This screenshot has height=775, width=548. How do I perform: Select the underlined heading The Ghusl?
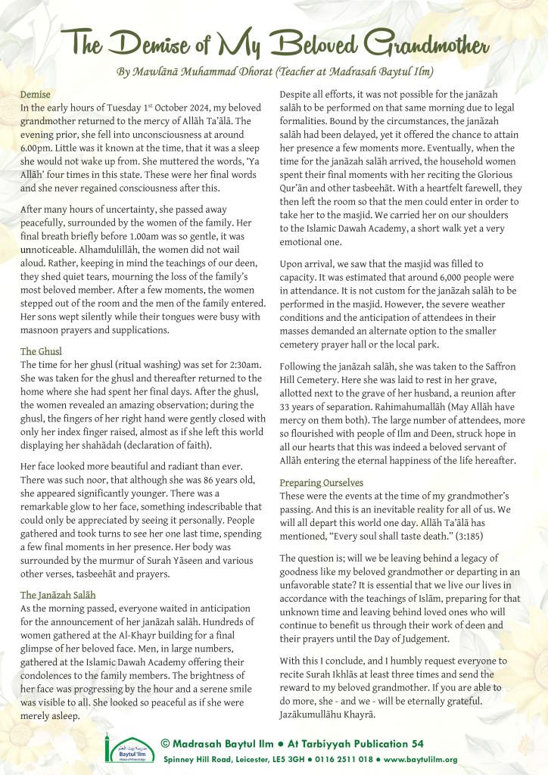[41, 351]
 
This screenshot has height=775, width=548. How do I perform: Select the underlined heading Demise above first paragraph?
[35, 95]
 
